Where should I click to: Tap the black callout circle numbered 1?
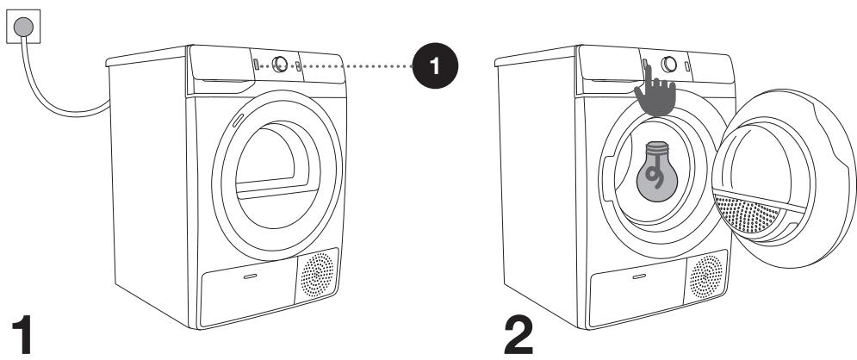click(x=436, y=67)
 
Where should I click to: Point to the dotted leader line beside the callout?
click(x=362, y=66)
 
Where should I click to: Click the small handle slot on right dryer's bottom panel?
click(x=639, y=277)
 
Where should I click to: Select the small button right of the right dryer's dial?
click(x=687, y=67)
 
